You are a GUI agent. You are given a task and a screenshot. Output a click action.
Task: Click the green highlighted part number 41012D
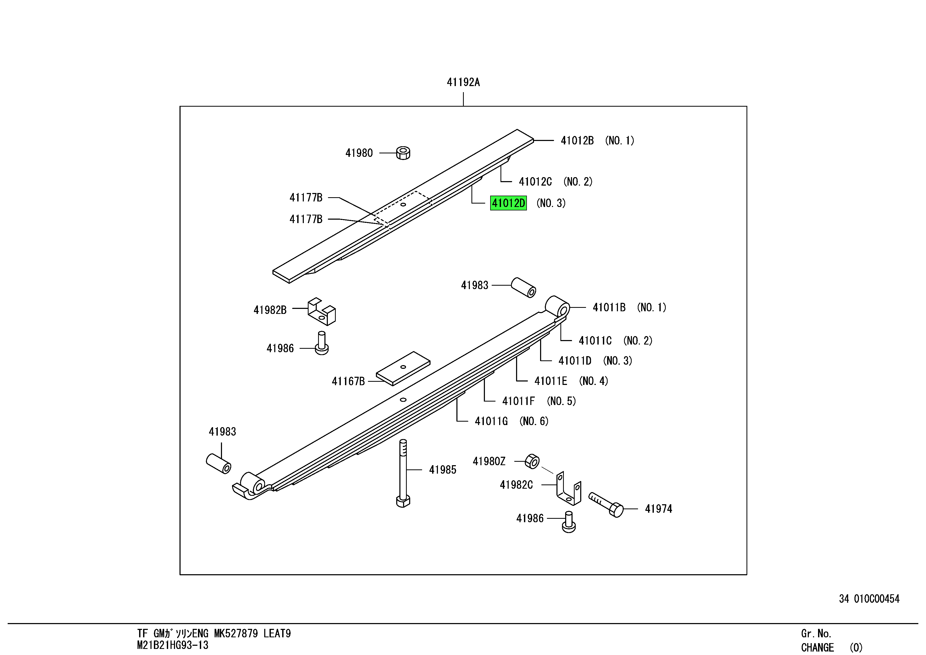(508, 203)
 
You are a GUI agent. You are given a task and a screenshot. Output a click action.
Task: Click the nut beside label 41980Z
(532, 461)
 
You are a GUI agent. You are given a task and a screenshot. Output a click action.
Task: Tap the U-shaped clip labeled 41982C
(568, 489)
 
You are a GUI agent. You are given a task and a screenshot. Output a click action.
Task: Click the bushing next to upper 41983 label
(523, 287)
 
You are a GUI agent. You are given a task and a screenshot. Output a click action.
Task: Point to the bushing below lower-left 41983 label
(218, 464)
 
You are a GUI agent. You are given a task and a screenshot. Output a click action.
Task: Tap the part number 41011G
(491, 421)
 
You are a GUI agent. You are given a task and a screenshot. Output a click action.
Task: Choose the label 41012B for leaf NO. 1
(577, 141)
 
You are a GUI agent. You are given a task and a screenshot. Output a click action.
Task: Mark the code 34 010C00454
(869, 599)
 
